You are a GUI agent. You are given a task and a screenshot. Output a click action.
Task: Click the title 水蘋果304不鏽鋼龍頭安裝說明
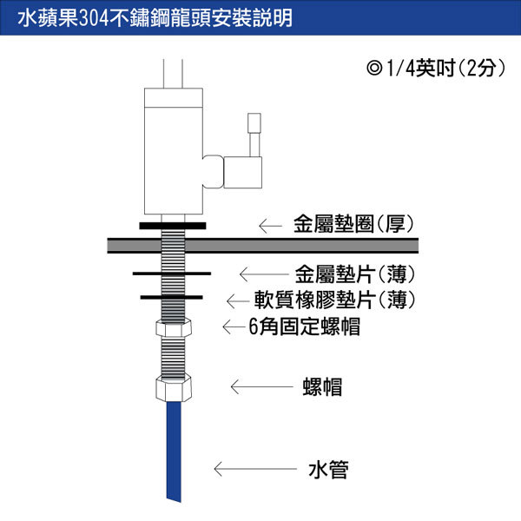pos(155,17)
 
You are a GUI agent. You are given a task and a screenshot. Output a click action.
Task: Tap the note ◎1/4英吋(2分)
pos(436,68)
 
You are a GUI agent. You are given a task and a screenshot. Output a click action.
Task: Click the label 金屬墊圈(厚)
pos(353,224)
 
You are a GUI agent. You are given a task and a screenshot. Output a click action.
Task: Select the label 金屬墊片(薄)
pos(355,274)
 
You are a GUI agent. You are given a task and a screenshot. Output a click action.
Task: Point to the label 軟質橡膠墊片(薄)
pos(335,300)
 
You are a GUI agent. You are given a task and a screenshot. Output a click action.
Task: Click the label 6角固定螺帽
pos(305,326)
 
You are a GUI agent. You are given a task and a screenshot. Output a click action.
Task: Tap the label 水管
pos(328,470)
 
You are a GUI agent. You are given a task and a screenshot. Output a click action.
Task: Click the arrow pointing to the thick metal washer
pos(270,227)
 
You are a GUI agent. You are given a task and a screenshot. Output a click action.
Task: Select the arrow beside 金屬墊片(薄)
pos(264,274)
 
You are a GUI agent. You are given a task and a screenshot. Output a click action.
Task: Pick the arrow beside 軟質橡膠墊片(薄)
pos(238,301)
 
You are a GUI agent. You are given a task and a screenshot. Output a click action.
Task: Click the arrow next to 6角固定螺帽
pos(234,327)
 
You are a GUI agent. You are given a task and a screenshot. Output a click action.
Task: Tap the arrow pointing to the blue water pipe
pos(255,469)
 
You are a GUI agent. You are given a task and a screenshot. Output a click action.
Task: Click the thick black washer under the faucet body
pos(173,226)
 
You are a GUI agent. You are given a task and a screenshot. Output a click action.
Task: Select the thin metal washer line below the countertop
pos(172,274)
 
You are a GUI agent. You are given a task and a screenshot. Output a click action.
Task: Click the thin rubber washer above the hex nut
pos(171,297)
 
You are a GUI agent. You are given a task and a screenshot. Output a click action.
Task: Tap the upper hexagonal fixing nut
pos(174,327)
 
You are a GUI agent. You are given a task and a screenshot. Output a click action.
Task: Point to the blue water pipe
pos(174,452)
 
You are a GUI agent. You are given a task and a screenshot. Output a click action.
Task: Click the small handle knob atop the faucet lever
pos(254,123)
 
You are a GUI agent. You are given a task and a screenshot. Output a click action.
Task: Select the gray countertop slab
pos(262,246)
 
